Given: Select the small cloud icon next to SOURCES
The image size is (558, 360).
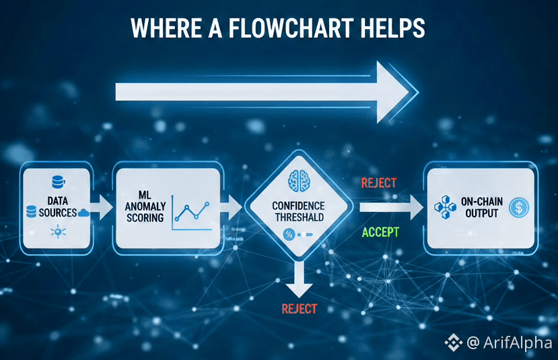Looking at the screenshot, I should [84, 213].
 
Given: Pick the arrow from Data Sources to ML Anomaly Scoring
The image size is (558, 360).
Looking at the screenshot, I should [102, 207].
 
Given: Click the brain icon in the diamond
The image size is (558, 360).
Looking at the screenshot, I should [298, 180].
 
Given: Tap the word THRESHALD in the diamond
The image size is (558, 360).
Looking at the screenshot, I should [299, 217].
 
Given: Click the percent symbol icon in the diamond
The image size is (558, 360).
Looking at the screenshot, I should [289, 234].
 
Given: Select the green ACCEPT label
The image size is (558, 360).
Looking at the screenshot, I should [380, 232].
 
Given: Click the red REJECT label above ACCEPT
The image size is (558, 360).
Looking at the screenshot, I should [379, 183].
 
